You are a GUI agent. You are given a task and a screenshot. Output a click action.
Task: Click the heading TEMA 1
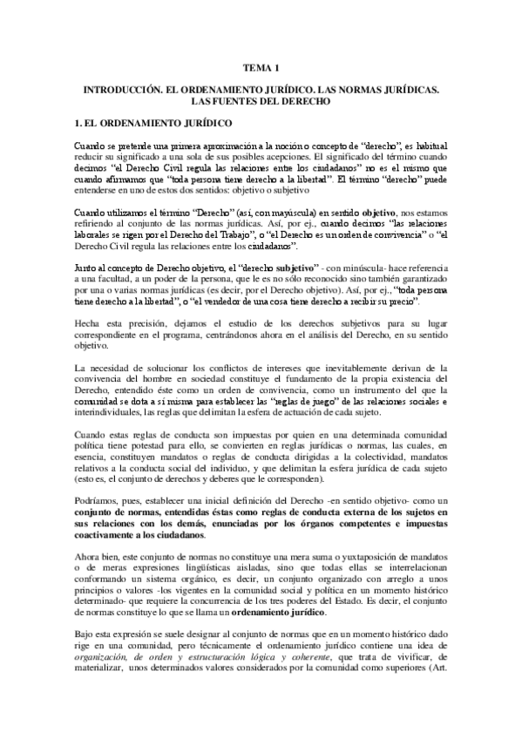pyautogui.click(x=261, y=67)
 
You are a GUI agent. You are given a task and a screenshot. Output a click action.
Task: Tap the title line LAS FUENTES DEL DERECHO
pyautogui.click(x=261, y=101)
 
